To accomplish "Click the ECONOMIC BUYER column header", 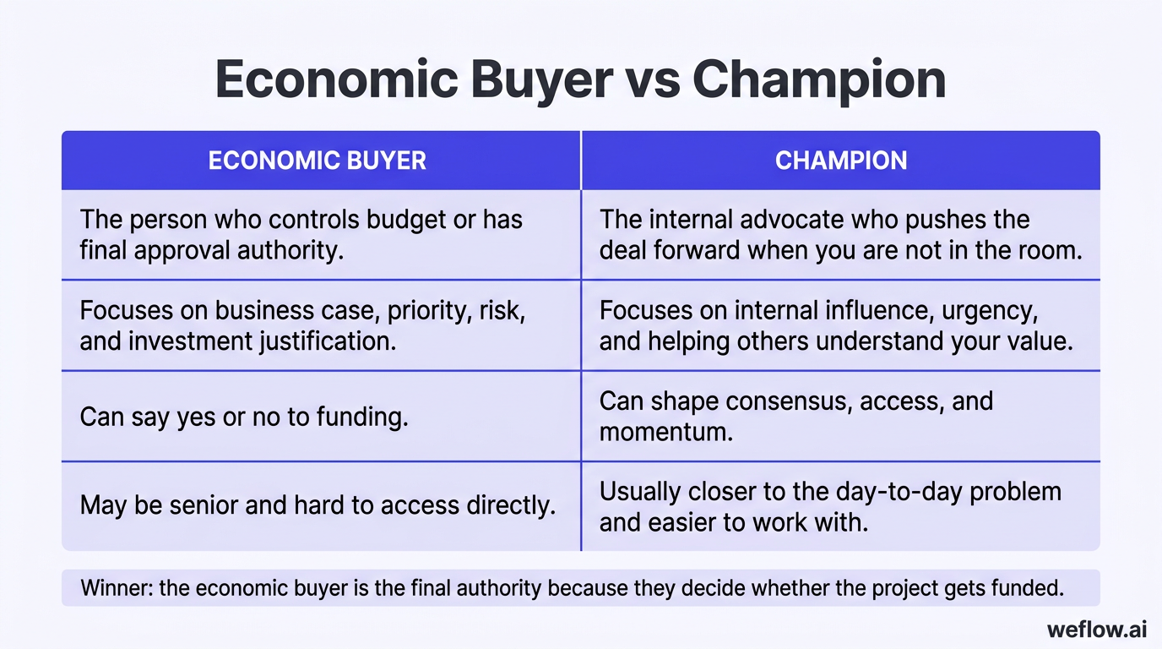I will pyautogui.click(x=317, y=161).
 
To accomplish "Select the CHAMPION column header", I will pyautogui.click(x=840, y=161).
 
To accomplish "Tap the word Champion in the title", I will pyautogui.click(x=818, y=81).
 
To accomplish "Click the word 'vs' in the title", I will pyautogui.click(x=652, y=81).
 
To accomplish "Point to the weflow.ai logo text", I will pyautogui.click(x=1095, y=630).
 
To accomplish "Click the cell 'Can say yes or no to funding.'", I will pyautogui.click(x=244, y=416).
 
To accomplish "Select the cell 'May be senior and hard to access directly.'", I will pyautogui.click(x=318, y=505).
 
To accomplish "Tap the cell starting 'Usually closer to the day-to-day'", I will pyautogui.click(x=830, y=506).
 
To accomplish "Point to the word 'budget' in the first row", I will pyautogui.click(x=408, y=220).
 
